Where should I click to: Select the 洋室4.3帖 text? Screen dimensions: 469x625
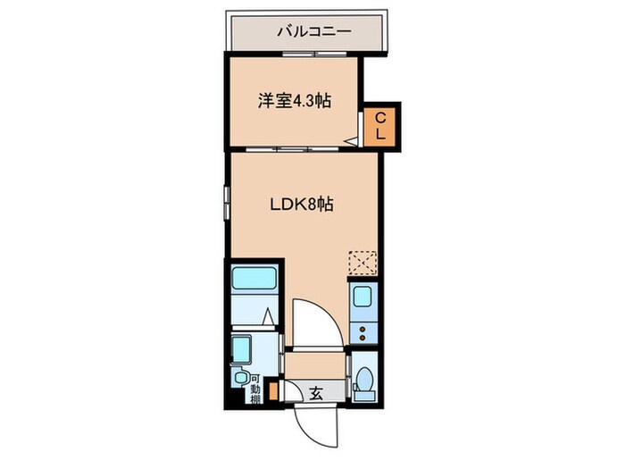pyautogui.click(x=295, y=102)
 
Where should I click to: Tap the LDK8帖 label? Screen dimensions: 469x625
pyautogui.click(x=303, y=205)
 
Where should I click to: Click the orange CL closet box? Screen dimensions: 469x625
pyautogui.click(x=379, y=126)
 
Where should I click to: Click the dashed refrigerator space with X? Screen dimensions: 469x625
pyautogui.click(x=362, y=263)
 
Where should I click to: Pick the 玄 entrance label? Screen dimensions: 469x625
pyautogui.click(x=316, y=391)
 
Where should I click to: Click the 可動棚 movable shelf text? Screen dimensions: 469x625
pyautogui.click(x=255, y=387)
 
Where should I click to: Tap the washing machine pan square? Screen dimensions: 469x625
pyautogui.click(x=243, y=346)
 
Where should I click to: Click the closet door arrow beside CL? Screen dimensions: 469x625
pyautogui.click(x=354, y=138)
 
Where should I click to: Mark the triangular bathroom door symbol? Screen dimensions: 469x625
pyautogui.click(x=268, y=316)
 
